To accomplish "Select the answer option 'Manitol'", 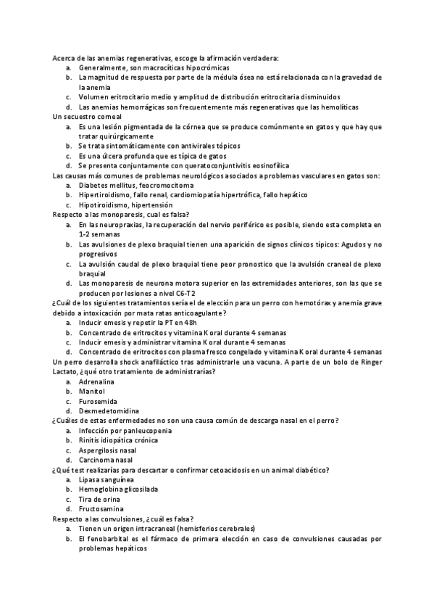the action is click(92, 390).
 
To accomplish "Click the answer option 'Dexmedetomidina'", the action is click(107, 410).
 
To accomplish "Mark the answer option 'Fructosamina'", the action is click(101, 508).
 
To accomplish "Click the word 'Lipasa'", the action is click(90, 479).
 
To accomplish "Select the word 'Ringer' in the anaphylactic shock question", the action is click(368, 361).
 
